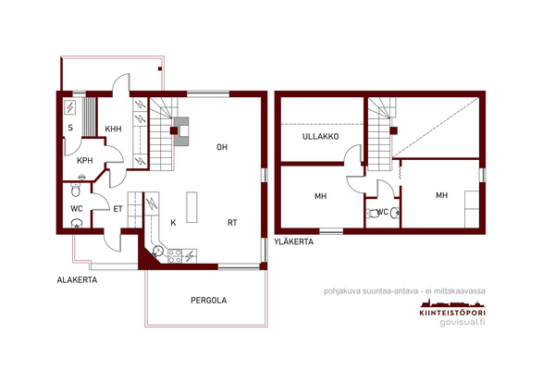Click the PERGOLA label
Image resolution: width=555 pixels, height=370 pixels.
tap(208, 301)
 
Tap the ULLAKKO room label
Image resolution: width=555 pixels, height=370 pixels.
tap(320, 136)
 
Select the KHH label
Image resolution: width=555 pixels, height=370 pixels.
tap(113, 129)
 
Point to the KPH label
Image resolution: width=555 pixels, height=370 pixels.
tap(85, 160)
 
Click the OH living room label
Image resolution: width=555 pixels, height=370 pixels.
tap(222, 147)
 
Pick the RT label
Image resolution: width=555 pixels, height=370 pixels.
tap(232, 223)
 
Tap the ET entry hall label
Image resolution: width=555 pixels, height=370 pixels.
tap(117, 209)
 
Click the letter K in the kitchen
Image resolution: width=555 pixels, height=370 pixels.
tap(173, 223)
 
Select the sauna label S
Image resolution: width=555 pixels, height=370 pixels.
tap(70, 128)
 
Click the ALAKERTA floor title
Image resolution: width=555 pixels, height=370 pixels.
tap(77, 280)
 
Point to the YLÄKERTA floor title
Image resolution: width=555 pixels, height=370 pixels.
tap(293, 241)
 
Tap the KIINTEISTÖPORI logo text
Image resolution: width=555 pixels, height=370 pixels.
tap(452, 313)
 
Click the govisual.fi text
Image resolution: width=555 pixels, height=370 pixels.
tap(462, 322)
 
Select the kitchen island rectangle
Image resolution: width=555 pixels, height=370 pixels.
tap(191, 207)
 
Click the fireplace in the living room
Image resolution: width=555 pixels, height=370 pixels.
tap(181, 131)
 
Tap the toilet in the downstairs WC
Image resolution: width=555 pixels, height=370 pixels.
tap(76, 190)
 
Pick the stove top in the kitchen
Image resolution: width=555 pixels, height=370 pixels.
tap(175, 256)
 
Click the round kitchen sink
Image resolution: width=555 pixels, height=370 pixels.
tap(157, 251)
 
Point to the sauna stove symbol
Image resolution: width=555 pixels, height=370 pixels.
tap(70, 107)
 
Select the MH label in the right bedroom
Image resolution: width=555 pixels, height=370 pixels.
tap(441, 195)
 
